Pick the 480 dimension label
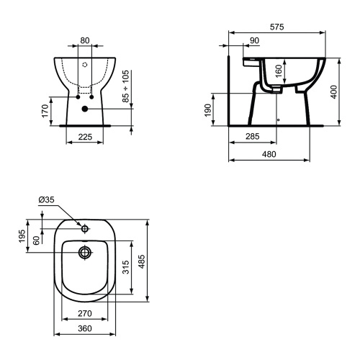pyautogui.click(x=270, y=154)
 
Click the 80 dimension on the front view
pyautogui.click(x=86, y=41)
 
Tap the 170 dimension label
pyautogui.click(x=45, y=112)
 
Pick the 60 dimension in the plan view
pyautogui.click(x=36, y=240)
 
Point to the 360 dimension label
pyautogui.click(x=86, y=328)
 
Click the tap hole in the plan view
pyautogui.click(x=85, y=229)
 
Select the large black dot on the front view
pyautogui.click(x=86, y=109)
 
